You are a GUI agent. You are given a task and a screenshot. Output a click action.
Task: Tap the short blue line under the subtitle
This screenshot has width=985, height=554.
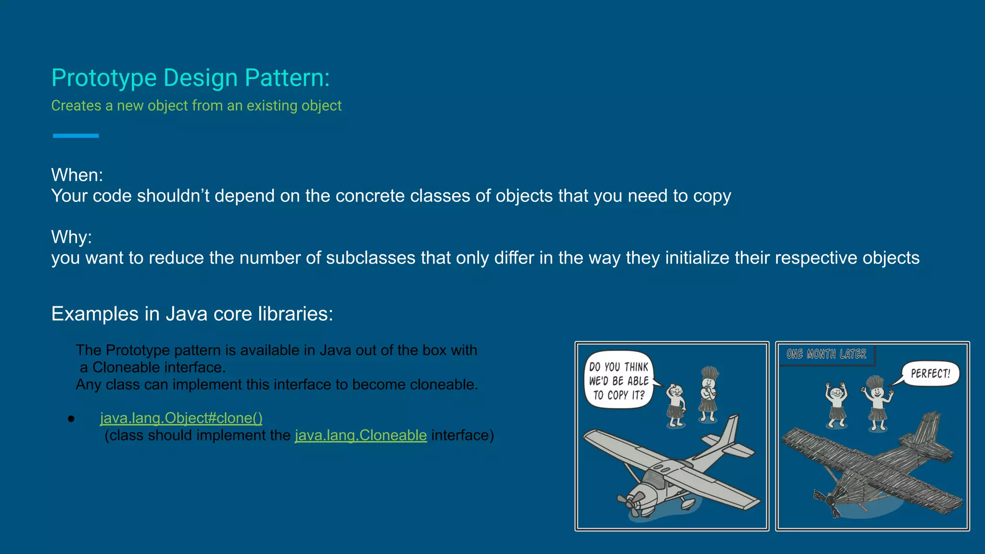coord(76,136)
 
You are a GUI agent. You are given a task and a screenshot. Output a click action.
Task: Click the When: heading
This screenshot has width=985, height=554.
coord(77,175)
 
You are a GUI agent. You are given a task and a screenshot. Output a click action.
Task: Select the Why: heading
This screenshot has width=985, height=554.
coord(71,237)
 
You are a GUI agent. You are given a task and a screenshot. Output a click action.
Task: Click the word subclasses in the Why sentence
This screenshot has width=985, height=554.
coord(370,258)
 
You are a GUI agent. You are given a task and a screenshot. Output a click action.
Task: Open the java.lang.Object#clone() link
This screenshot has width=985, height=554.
coord(181,418)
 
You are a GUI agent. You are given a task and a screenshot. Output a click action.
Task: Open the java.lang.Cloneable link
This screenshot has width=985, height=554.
coord(361,435)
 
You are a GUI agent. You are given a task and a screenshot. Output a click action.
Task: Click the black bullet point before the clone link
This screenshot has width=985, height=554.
coord(71,419)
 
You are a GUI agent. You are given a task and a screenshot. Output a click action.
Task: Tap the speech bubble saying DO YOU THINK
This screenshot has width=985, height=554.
coord(619,380)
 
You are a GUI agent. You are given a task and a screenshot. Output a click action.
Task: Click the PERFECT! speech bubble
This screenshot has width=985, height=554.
coord(930,374)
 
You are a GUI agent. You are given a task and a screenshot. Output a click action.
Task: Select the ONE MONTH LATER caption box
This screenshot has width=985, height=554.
coord(826,354)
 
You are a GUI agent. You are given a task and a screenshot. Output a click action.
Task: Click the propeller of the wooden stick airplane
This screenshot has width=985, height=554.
coord(830,500)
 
